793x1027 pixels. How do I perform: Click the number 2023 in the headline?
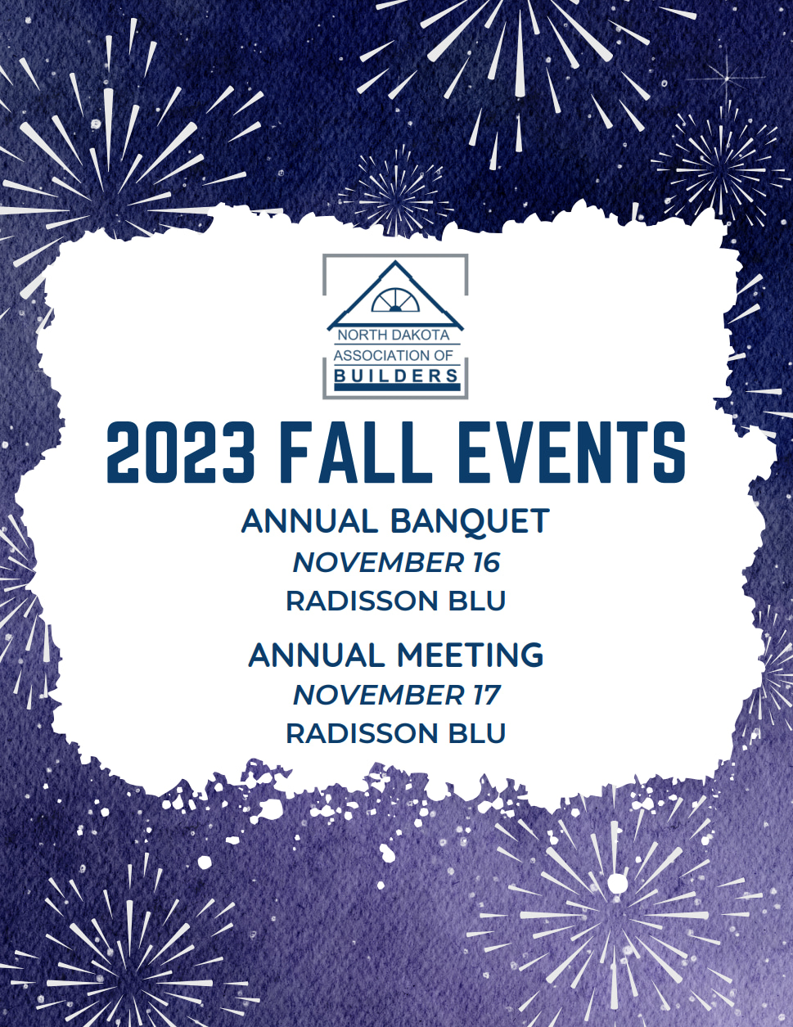pyautogui.click(x=181, y=453)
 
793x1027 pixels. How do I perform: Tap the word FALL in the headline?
pyautogui.click(x=355, y=453)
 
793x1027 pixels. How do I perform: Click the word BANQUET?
pyautogui.click(x=471, y=522)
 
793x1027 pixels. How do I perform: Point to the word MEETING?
pyautogui.click(x=471, y=655)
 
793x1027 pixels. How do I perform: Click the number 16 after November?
pyautogui.click(x=485, y=562)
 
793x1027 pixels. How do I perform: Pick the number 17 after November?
pyautogui.click(x=485, y=695)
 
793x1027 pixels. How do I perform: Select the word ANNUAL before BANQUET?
pyautogui.click(x=310, y=521)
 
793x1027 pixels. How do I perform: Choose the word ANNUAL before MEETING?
pyautogui.click(x=317, y=655)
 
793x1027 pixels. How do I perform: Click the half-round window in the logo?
pyautogui.click(x=395, y=300)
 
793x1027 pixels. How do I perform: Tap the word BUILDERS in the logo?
pyautogui.click(x=396, y=376)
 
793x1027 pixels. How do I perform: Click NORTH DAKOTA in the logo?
pyautogui.click(x=394, y=335)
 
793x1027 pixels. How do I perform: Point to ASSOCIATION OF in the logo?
pyautogui.click(x=394, y=355)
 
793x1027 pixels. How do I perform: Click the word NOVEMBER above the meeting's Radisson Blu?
pyautogui.click(x=379, y=695)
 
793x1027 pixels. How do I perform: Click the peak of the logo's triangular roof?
pyautogui.click(x=395, y=261)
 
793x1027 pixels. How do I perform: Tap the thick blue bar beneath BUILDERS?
pyautogui.click(x=397, y=387)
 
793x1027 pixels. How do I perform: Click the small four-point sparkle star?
pyautogui.click(x=727, y=77)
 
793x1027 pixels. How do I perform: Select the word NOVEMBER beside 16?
pyautogui.click(x=379, y=562)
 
